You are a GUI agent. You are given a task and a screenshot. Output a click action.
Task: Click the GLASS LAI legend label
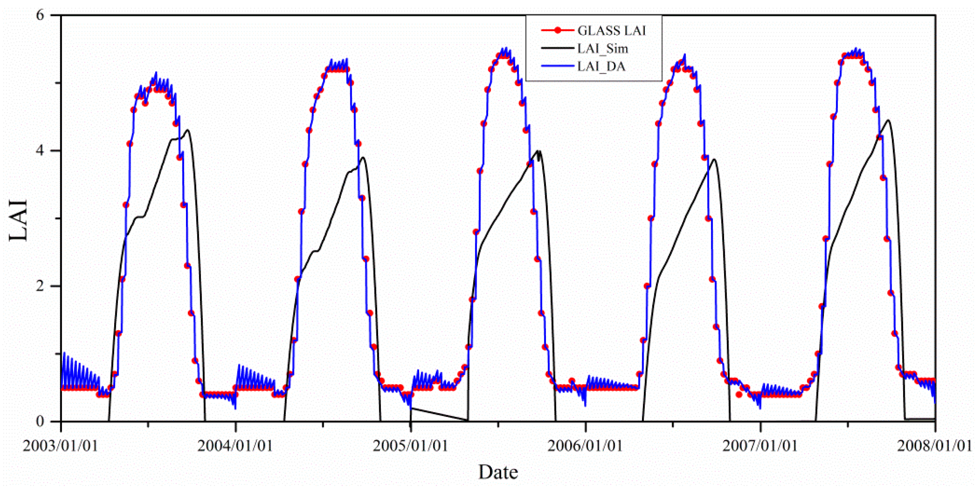612,31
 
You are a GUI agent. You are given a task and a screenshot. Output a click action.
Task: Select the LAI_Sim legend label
602,49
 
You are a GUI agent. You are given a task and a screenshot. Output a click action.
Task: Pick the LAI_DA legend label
601,67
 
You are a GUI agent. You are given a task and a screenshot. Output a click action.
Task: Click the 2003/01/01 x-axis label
61,446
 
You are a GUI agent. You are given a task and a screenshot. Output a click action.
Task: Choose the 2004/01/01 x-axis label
235,446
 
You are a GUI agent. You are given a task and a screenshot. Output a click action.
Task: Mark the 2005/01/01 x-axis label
410,446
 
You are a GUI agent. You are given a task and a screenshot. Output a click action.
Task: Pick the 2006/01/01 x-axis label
585,446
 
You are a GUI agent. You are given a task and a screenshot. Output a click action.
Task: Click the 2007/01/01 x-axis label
760,446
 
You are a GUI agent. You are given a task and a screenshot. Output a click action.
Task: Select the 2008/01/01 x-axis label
934,446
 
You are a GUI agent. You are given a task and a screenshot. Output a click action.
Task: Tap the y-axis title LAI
18,220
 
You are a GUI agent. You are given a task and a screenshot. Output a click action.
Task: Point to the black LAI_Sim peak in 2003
187,130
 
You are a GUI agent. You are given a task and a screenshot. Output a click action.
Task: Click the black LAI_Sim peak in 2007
888,120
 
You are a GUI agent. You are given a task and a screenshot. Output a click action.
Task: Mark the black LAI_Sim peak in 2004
363,157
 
